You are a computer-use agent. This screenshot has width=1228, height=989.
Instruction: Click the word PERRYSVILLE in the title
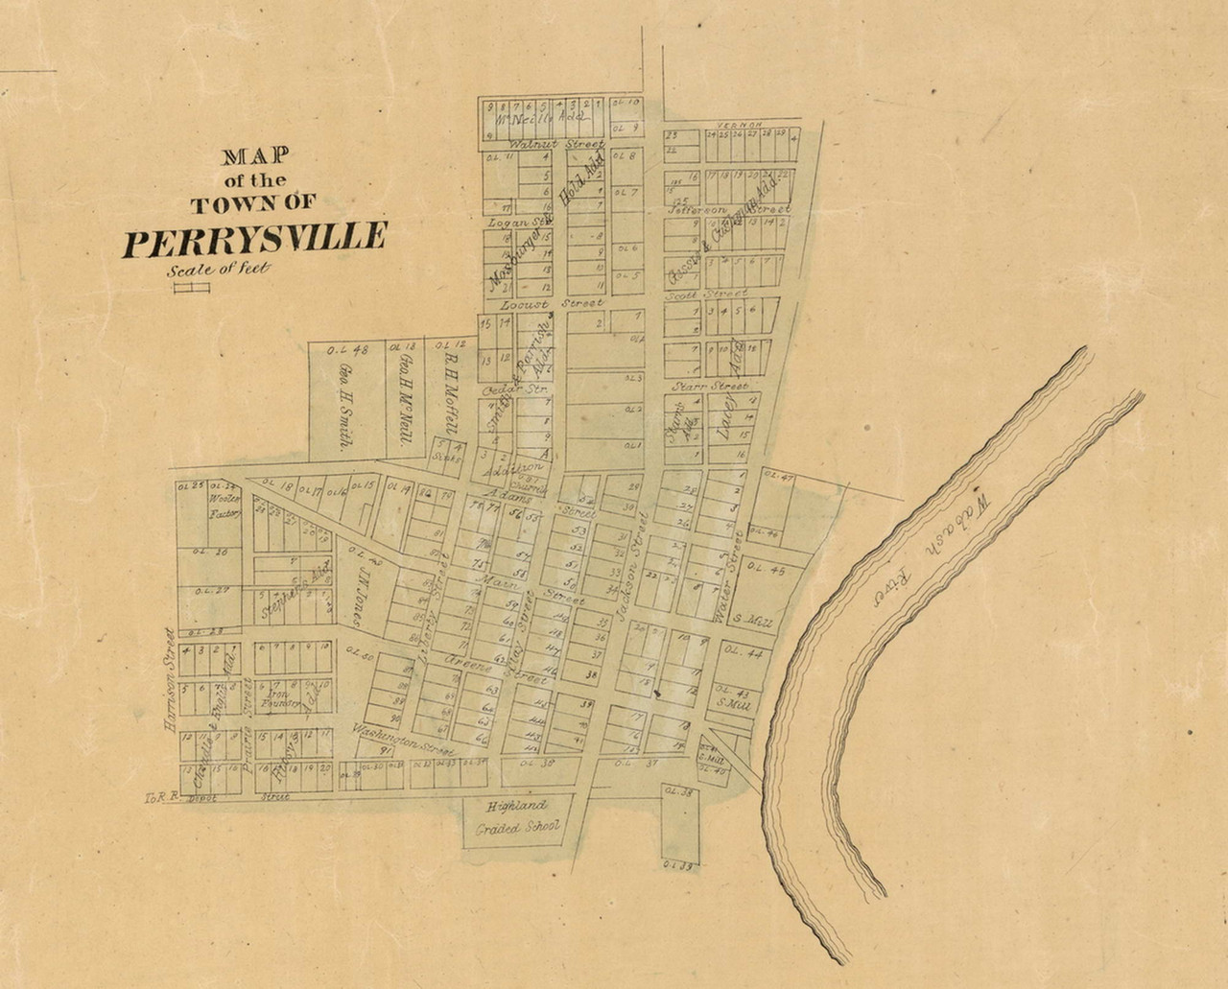pyautogui.click(x=254, y=240)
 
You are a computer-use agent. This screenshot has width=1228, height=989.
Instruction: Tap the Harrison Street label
pyautogui.click(x=171, y=680)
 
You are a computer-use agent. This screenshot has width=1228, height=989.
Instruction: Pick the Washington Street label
pyautogui.click(x=401, y=740)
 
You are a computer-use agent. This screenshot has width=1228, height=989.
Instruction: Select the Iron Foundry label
pyautogui.click(x=284, y=698)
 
